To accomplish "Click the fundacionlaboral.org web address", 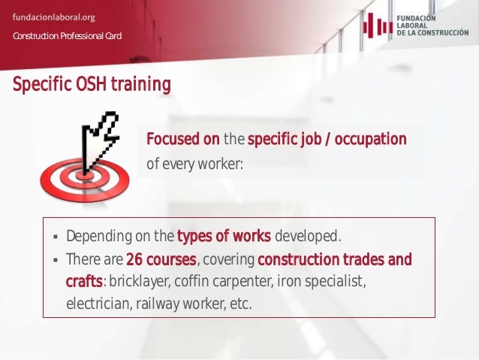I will [x=53, y=17].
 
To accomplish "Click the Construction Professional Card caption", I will [x=67, y=37].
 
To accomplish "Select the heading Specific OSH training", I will [x=92, y=84].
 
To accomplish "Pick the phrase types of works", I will [x=224, y=237].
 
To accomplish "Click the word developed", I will [x=308, y=237].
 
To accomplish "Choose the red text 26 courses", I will [x=161, y=260].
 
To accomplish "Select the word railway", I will [x=159, y=304].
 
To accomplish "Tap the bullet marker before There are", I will [x=55, y=261].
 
